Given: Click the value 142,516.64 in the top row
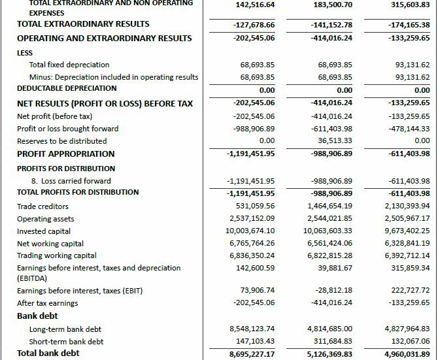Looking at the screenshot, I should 254,5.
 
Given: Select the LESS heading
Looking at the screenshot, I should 25,52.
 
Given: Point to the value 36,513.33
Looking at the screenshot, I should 335,140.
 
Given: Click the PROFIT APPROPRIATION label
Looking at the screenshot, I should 65,154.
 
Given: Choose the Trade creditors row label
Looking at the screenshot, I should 42,206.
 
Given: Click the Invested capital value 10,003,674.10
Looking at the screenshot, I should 250,231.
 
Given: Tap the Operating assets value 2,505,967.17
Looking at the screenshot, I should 407,219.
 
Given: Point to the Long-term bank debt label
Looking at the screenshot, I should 65,329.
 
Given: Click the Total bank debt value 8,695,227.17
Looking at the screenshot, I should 252,353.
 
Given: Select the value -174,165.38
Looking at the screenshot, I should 409,24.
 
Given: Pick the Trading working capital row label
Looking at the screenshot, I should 56,255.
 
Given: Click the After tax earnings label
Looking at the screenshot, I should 47,303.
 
